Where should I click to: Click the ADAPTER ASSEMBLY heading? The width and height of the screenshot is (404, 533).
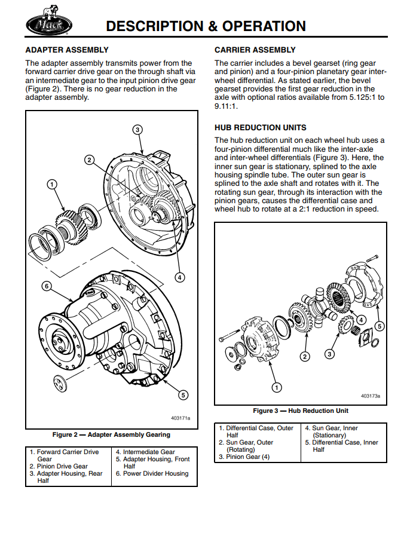[x=67, y=50]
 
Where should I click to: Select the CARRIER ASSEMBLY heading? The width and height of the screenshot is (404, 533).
[x=255, y=50]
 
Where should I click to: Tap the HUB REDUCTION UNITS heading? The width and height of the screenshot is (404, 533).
[x=261, y=127]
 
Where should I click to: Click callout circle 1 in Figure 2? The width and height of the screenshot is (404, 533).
[x=52, y=184]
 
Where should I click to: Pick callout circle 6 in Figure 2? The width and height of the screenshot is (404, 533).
[x=47, y=286]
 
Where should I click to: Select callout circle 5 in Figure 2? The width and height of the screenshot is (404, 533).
[x=183, y=394]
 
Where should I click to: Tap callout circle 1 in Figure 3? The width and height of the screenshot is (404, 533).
[x=277, y=387]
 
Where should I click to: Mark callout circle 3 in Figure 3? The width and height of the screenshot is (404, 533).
[x=329, y=354]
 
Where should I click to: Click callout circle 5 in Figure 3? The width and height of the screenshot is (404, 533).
[x=379, y=326]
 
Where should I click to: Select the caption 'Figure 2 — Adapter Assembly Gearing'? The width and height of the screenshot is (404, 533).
[x=111, y=434]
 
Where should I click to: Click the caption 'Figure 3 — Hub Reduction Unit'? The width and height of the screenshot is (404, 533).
[x=301, y=411]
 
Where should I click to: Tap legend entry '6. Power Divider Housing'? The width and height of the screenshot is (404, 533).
[x=152, y=473]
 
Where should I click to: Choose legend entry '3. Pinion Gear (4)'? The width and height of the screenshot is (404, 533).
[x=244, y=457]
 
